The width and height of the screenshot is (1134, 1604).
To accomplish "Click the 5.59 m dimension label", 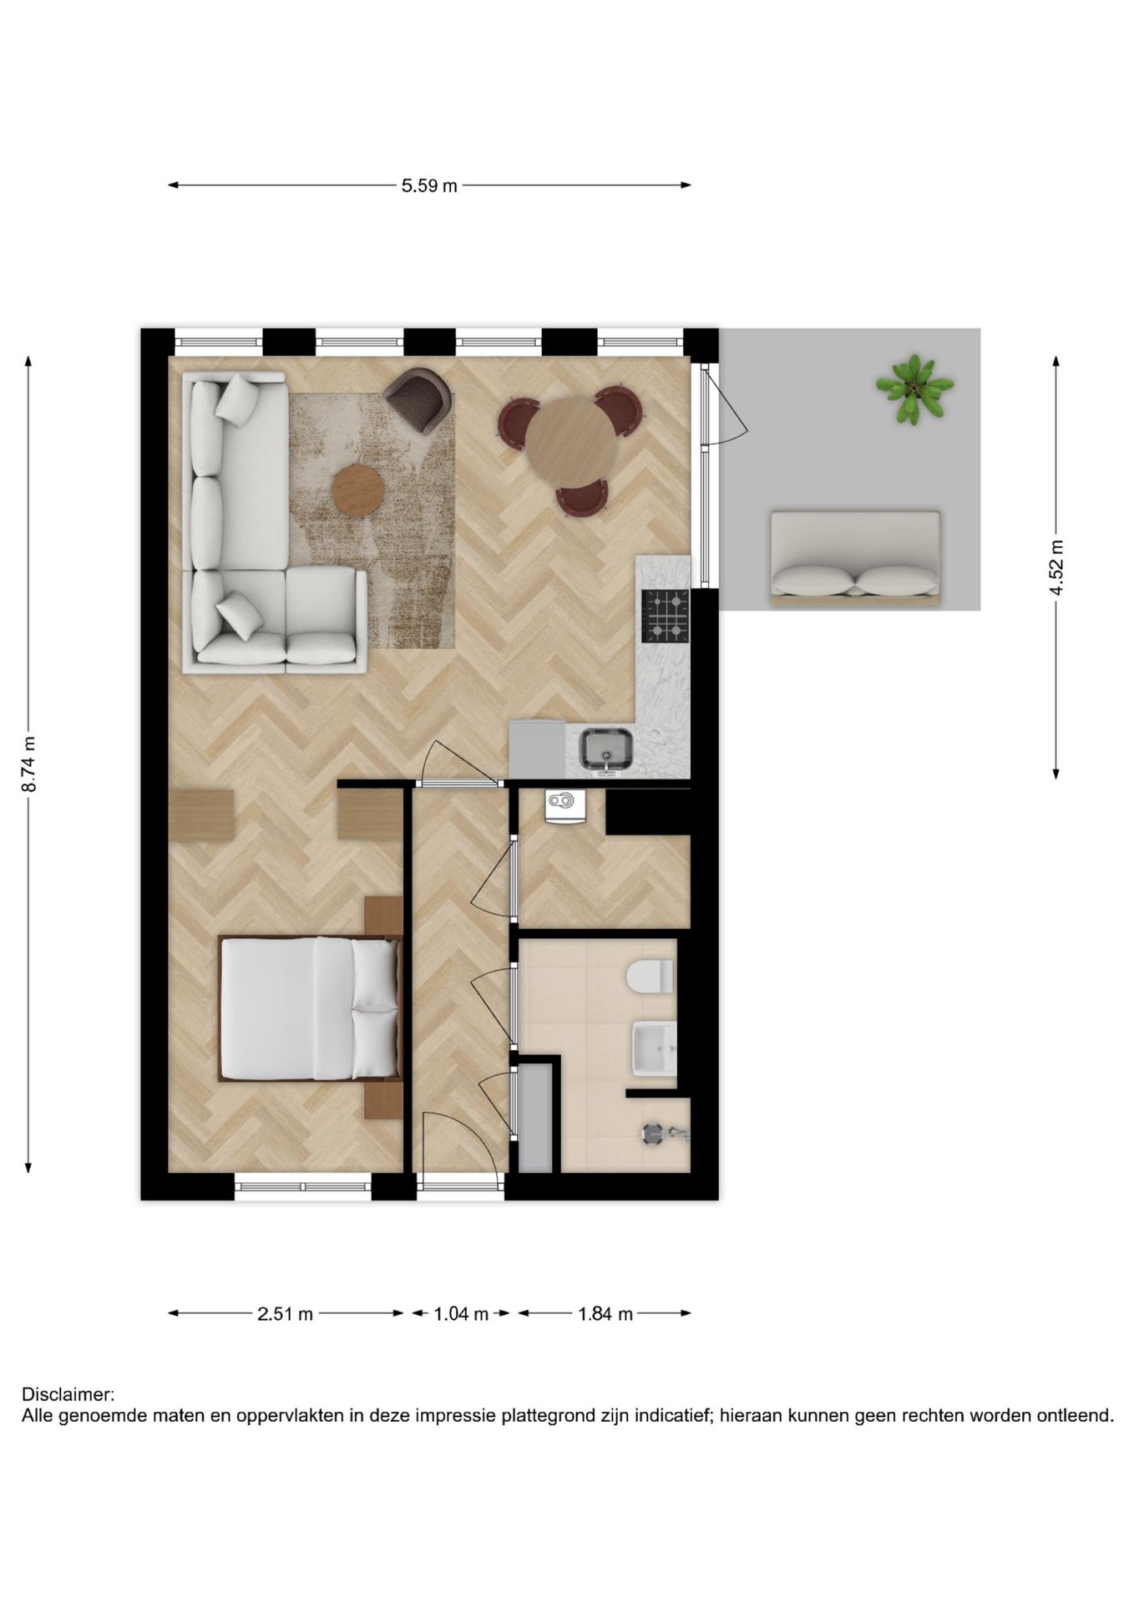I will click(429, 185).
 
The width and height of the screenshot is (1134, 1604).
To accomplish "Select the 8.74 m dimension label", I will click(28, 764).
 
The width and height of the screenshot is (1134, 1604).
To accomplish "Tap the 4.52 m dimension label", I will click(1056, 567).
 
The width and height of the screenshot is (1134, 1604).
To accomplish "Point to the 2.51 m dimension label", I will click(285, 1314).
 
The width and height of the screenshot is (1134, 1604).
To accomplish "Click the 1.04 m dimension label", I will click(461, 1314).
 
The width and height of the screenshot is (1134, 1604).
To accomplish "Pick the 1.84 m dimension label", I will click(605, 1314).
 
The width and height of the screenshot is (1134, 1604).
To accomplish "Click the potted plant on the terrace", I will click(914, 388).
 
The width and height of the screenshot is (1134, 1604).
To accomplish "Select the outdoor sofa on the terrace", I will click(855, 558).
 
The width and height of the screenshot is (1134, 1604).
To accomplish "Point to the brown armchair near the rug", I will click(420, 398).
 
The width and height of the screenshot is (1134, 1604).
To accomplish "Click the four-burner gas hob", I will click(666, 616).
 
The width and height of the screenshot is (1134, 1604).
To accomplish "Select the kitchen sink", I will click(607, 748).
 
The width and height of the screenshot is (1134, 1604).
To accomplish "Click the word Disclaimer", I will click(67, 1395).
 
